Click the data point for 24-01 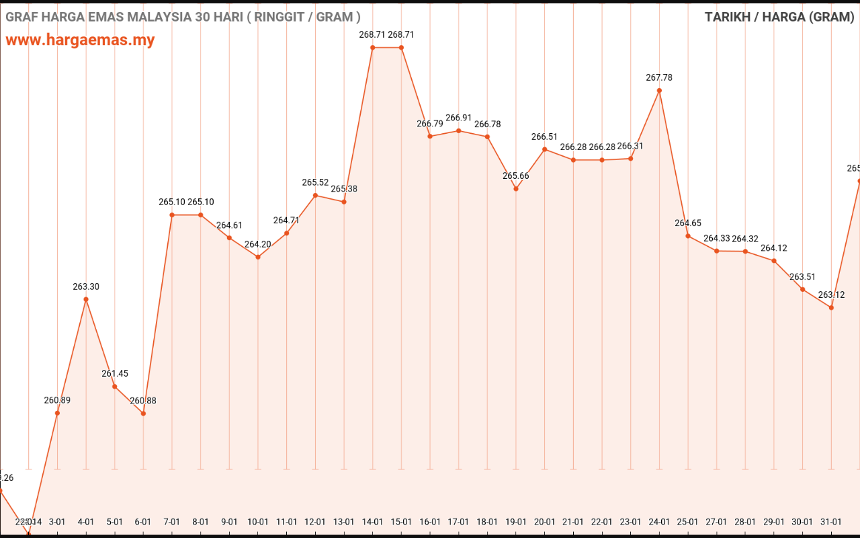click(x=659, y=90)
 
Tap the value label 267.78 click(x=659, y=77)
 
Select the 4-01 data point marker click(x=86, y=299)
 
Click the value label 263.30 click(x=86, y=286)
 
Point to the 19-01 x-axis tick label click(x=516, y=522)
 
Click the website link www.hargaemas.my click(x=80, y=40)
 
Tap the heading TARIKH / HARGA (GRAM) click(x=779, y=17)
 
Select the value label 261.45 click(x=115, y=373)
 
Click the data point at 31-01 click(x=831, y=307)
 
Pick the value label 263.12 click(x=831, y=295)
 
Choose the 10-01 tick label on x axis click(x=258, y=522)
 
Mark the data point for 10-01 click(x=258, y=257)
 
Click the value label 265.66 click(x=516, y=176)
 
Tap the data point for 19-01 click(x=516, y=189)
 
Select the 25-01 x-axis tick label click(x=688, y=522)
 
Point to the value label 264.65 click(x=688, y=223)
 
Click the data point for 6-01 click(x=143, y=413)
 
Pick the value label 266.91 click(x=458, y=118)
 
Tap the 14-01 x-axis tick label click(x=373, y=522)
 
